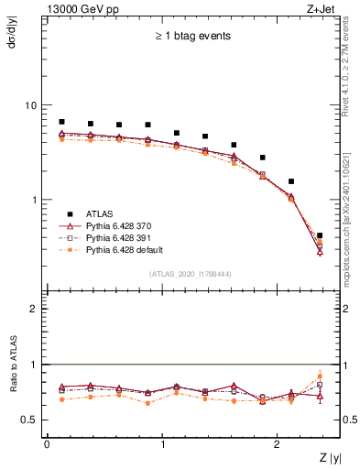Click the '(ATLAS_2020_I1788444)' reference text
(x=191, y=274)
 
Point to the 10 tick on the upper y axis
(x=33, y=105)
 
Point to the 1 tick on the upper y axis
(x=36, y=200)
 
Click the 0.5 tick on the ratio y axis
(x=31, y=420)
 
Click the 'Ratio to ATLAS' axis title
(x=12, y=366)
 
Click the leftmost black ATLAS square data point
(x=61, y=122)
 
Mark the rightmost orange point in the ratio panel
(x=320, y=375)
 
